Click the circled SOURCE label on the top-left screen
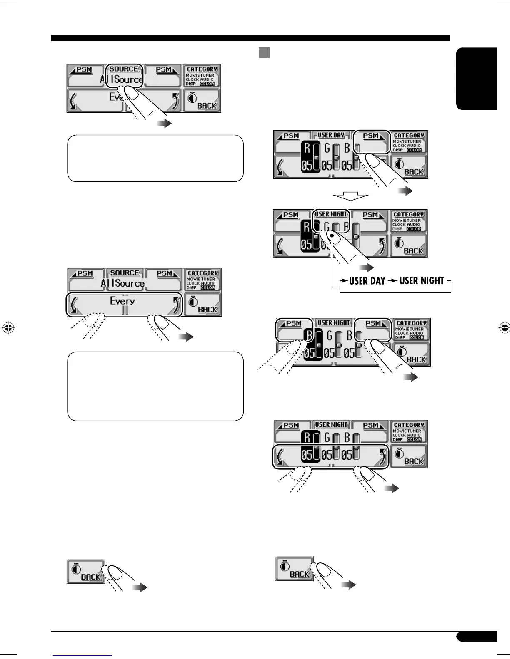124,69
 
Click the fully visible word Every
122,301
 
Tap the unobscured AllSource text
122,283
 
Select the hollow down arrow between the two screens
351,196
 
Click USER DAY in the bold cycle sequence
367,281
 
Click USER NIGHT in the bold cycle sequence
422,281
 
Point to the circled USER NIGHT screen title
331,215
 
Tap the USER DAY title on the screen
331,135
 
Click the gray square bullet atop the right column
264,53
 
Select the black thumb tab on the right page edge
477,79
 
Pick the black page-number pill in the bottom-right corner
476,637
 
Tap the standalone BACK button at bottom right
294,569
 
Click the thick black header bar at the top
250,38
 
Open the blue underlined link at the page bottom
82,656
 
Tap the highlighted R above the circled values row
307,437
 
